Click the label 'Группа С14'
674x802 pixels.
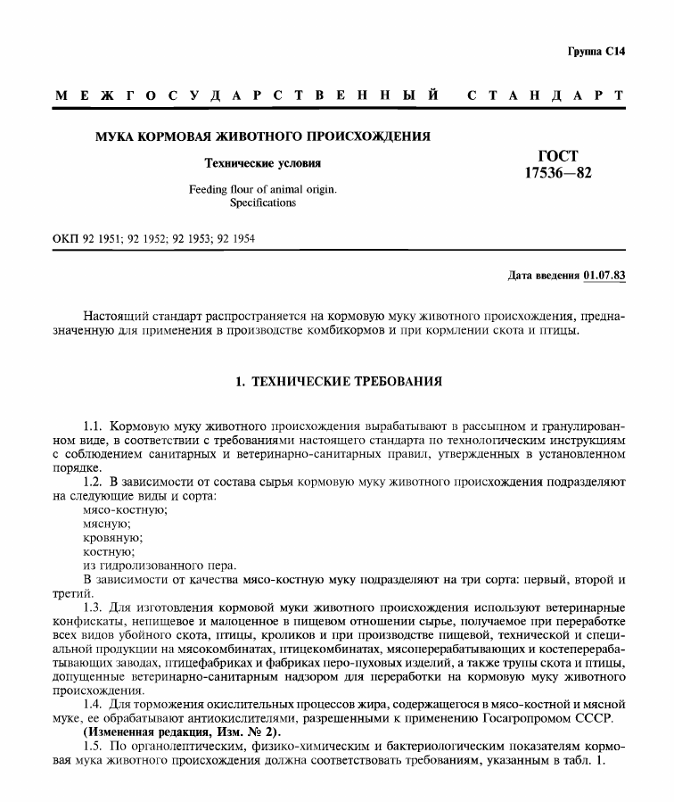click(x=596, y=52)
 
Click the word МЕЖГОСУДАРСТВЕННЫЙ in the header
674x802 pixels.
click(x=246, y=95)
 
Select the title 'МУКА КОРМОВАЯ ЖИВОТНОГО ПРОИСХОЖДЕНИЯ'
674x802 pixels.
click(x=263, y=137)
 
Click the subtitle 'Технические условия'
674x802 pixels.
click(x=263, y=163)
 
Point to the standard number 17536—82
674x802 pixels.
click(x=557, y=173)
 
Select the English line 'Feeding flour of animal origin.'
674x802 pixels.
click(x=263, y=189)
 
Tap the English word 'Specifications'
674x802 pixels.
click(x=263, y=203)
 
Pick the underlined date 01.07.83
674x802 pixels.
click(x=604, y=275)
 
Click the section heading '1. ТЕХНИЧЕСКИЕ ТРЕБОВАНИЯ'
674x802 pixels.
click(x=337, y=382)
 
